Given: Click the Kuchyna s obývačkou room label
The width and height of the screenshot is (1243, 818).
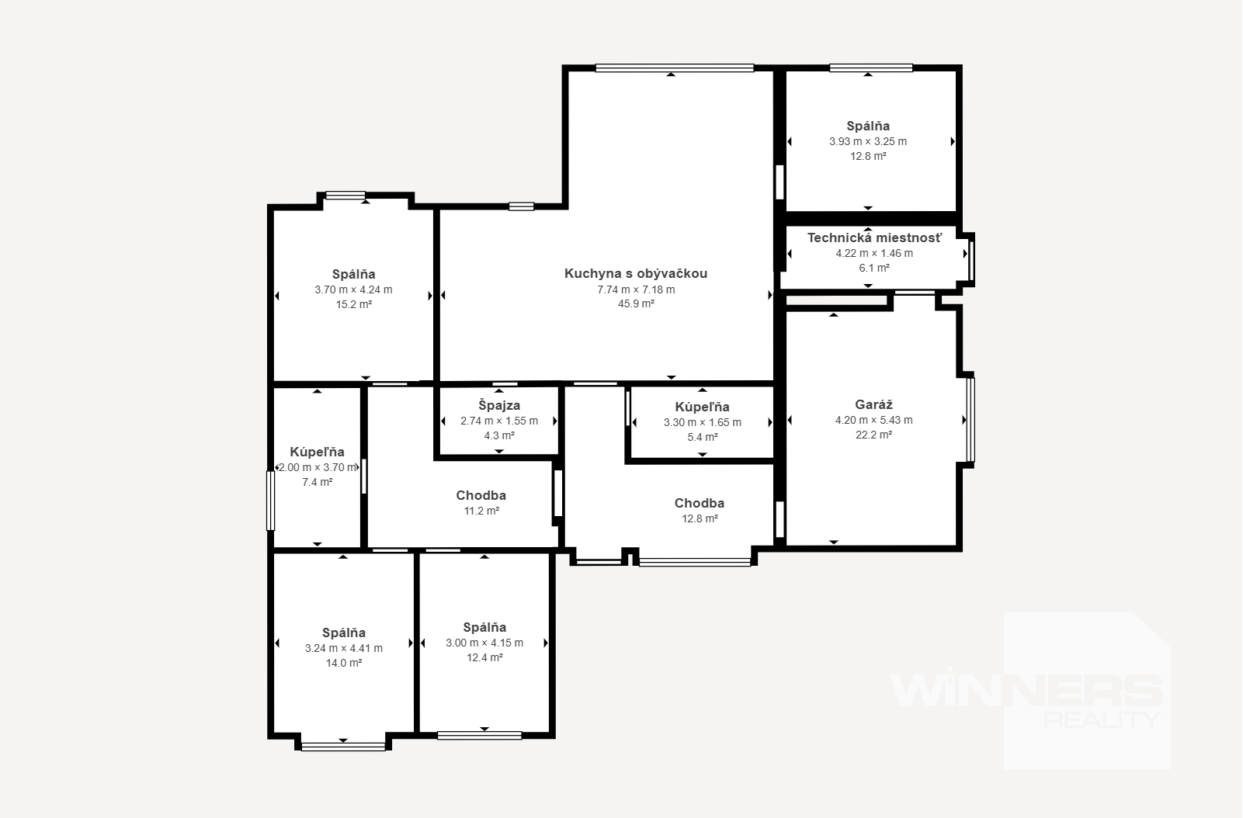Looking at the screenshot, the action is (636, 273).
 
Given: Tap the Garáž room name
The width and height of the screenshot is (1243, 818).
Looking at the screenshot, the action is (874, 405).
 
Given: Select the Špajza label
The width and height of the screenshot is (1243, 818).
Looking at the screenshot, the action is (499, 406).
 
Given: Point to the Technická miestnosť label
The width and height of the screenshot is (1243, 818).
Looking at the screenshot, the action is (874, 238).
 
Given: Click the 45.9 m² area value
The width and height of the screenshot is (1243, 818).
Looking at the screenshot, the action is (636, 304).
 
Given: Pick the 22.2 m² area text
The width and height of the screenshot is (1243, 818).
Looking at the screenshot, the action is (874, 435).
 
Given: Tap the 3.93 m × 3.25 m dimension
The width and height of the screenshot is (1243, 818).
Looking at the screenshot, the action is (869, 141).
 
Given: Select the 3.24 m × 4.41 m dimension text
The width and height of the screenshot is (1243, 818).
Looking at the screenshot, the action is (344, 648).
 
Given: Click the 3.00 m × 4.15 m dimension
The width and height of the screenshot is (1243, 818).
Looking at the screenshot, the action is (484, 643).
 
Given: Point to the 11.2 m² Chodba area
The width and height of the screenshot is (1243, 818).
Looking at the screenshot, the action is (481, 511).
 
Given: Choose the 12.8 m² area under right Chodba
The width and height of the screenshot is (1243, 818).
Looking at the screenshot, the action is (700, 518).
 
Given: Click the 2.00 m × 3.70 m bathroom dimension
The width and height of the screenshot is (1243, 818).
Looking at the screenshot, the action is (318, 467).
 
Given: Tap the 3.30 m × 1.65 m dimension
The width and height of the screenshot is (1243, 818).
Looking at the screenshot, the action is (703, 423).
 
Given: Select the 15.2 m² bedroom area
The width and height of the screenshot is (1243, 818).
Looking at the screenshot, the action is (354, 304).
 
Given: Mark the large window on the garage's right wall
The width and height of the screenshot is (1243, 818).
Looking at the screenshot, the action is (970, 420).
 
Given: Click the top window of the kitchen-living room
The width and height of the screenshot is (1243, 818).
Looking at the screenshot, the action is (675, 68).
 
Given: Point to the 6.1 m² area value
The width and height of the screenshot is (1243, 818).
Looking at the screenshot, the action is (874, 268).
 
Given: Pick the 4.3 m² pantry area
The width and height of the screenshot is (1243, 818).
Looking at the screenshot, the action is (499, 436).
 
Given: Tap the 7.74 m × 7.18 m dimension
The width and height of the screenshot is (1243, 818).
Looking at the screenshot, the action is (636, 289).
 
